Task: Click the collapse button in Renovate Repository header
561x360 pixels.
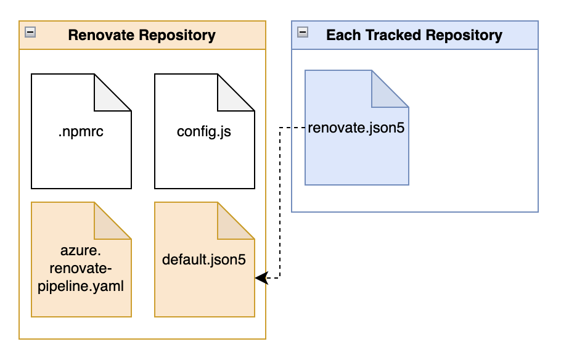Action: (x=30, y=32)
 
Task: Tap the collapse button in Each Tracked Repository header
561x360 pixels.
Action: (x=303, y=32)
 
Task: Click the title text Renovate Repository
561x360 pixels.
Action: (x=142, y=35)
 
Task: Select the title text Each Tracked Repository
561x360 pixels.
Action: (x=414, y=35)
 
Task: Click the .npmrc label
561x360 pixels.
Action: (x=81, y=131)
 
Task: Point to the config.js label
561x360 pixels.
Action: (x=204, y=131)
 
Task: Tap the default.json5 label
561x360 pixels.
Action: (x=204, y=260)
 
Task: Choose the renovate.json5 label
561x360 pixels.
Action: (x=356, y=128)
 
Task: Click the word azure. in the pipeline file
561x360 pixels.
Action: (x=81, y=250)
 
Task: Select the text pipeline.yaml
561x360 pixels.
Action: (x=81, y=286)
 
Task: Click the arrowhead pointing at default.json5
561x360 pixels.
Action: (x=261, y=277)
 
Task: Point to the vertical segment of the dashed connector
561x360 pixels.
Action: (x=280, y=203)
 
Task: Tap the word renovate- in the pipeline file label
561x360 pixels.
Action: (x=81, y=268)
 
